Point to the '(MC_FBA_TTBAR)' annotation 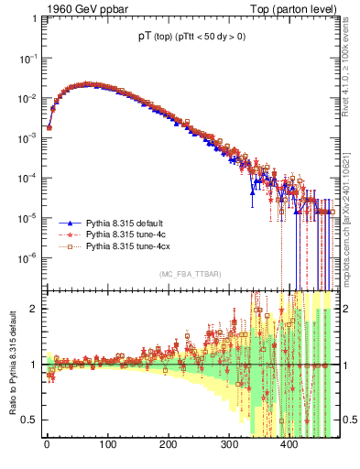click(187, 275)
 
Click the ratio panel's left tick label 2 click(33, 309)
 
